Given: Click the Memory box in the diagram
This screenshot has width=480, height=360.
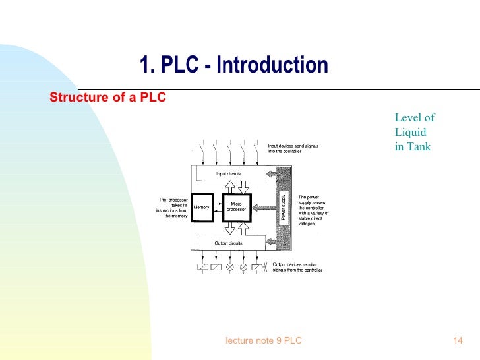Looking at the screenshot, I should [x=201, y=208].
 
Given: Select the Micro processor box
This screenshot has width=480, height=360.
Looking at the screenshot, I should [x=236, y=207].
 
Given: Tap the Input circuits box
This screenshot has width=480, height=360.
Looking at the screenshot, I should [x=228, y=174].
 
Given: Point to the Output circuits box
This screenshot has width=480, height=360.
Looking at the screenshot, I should [x=228, y=243].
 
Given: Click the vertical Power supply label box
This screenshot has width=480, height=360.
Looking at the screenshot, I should [x=284, y=207].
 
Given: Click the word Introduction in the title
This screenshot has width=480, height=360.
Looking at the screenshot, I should [x=272, y=65].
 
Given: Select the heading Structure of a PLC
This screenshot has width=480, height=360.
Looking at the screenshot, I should [x=108, y=98].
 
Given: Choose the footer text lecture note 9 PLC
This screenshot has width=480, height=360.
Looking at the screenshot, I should [x=264, y=340].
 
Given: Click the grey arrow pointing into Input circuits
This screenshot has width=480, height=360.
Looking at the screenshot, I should [x=270, y=174].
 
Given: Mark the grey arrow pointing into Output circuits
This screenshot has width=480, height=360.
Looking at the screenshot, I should [x=270, y=243].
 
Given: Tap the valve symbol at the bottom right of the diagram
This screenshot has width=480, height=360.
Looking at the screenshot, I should [x=265, y=267].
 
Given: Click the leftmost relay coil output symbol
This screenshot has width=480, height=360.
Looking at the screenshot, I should [x=202, y=267].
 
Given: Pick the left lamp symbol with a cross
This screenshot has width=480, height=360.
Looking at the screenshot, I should [x=229, y=267].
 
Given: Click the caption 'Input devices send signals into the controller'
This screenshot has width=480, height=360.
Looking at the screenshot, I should [x=293, y=149].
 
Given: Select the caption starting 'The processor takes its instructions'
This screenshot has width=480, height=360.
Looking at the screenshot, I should [x=173, y=207].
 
